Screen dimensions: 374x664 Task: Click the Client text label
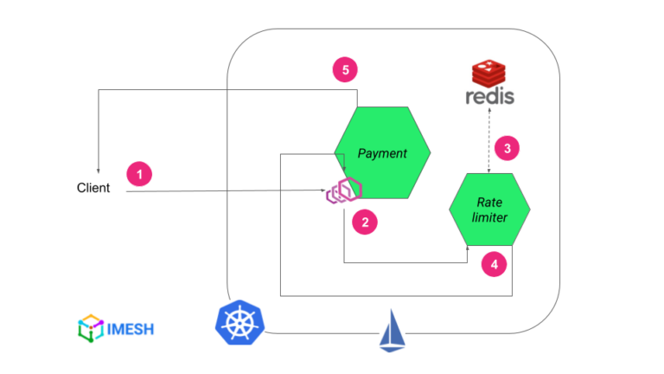(93, 188)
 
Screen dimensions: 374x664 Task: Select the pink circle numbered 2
(365, 222)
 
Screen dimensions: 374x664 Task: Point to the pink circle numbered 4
(494, 265)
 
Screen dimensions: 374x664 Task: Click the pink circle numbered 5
(345, 70)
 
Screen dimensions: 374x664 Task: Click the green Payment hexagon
(382, 153)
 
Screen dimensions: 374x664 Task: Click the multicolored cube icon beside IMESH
(90, 328)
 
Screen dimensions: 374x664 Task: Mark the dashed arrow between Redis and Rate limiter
(489, 141)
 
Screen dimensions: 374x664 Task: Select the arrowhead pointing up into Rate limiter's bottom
(469, 249)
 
